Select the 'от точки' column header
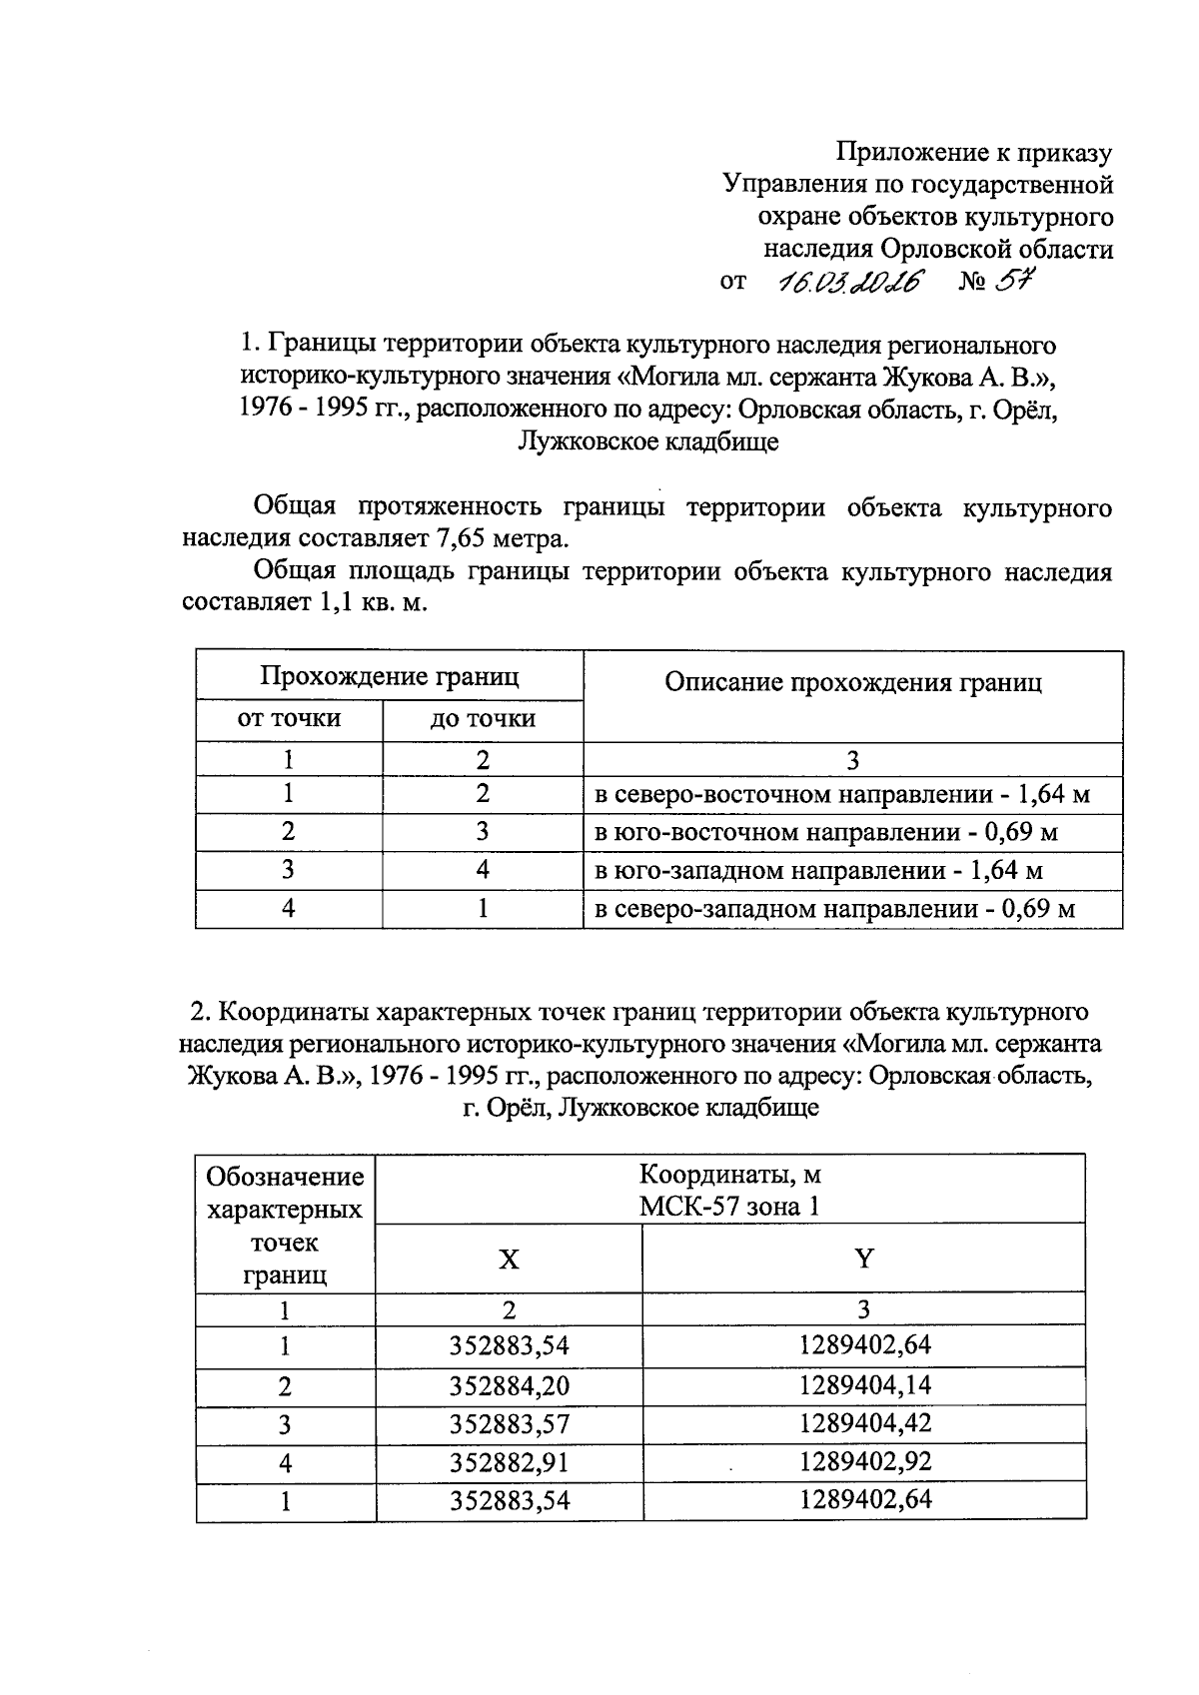click(289, 718)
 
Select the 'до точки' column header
click(483, 718)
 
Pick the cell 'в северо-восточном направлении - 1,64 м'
click(842, 795)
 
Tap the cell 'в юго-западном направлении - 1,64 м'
click(818, 870)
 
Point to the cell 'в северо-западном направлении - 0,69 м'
click(834, 909)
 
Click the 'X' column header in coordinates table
click(509, 1259)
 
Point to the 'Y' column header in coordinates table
click(864, 1259)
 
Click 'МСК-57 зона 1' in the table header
click(729, 1207)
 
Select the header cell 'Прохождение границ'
click(390, 676)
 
